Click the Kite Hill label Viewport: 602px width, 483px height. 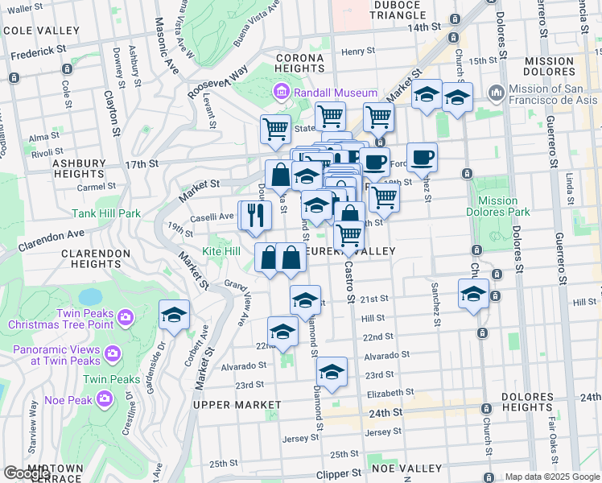tap(221, 252)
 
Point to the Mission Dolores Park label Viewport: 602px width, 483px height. tap(497, 207)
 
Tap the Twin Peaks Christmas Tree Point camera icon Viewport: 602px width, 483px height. tap(125, 317)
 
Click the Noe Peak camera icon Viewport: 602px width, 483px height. tap(105, 398)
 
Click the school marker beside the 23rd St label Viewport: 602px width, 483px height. tap(331, 372)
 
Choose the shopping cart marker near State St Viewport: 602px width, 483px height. tap(275, 128)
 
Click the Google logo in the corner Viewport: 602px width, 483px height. tap(27, 473)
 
